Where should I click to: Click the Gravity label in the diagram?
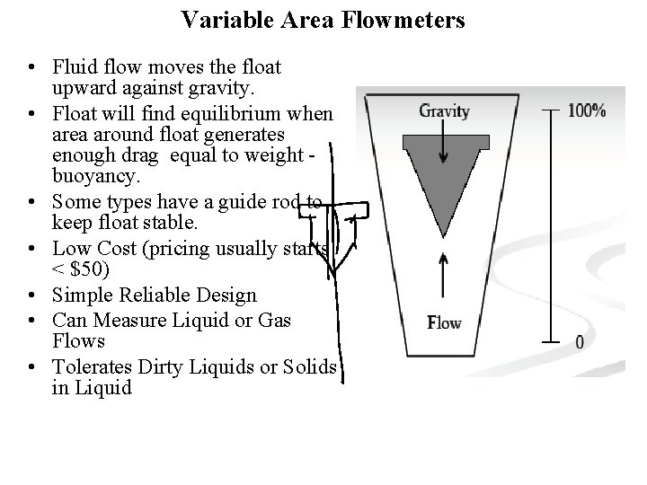(x=444, y=111)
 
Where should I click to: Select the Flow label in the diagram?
(x=444, y=322)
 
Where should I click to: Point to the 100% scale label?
(x=587, y=111)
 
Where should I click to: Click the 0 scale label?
(x=580, y=342)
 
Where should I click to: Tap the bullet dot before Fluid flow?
(x=31, y=68)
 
